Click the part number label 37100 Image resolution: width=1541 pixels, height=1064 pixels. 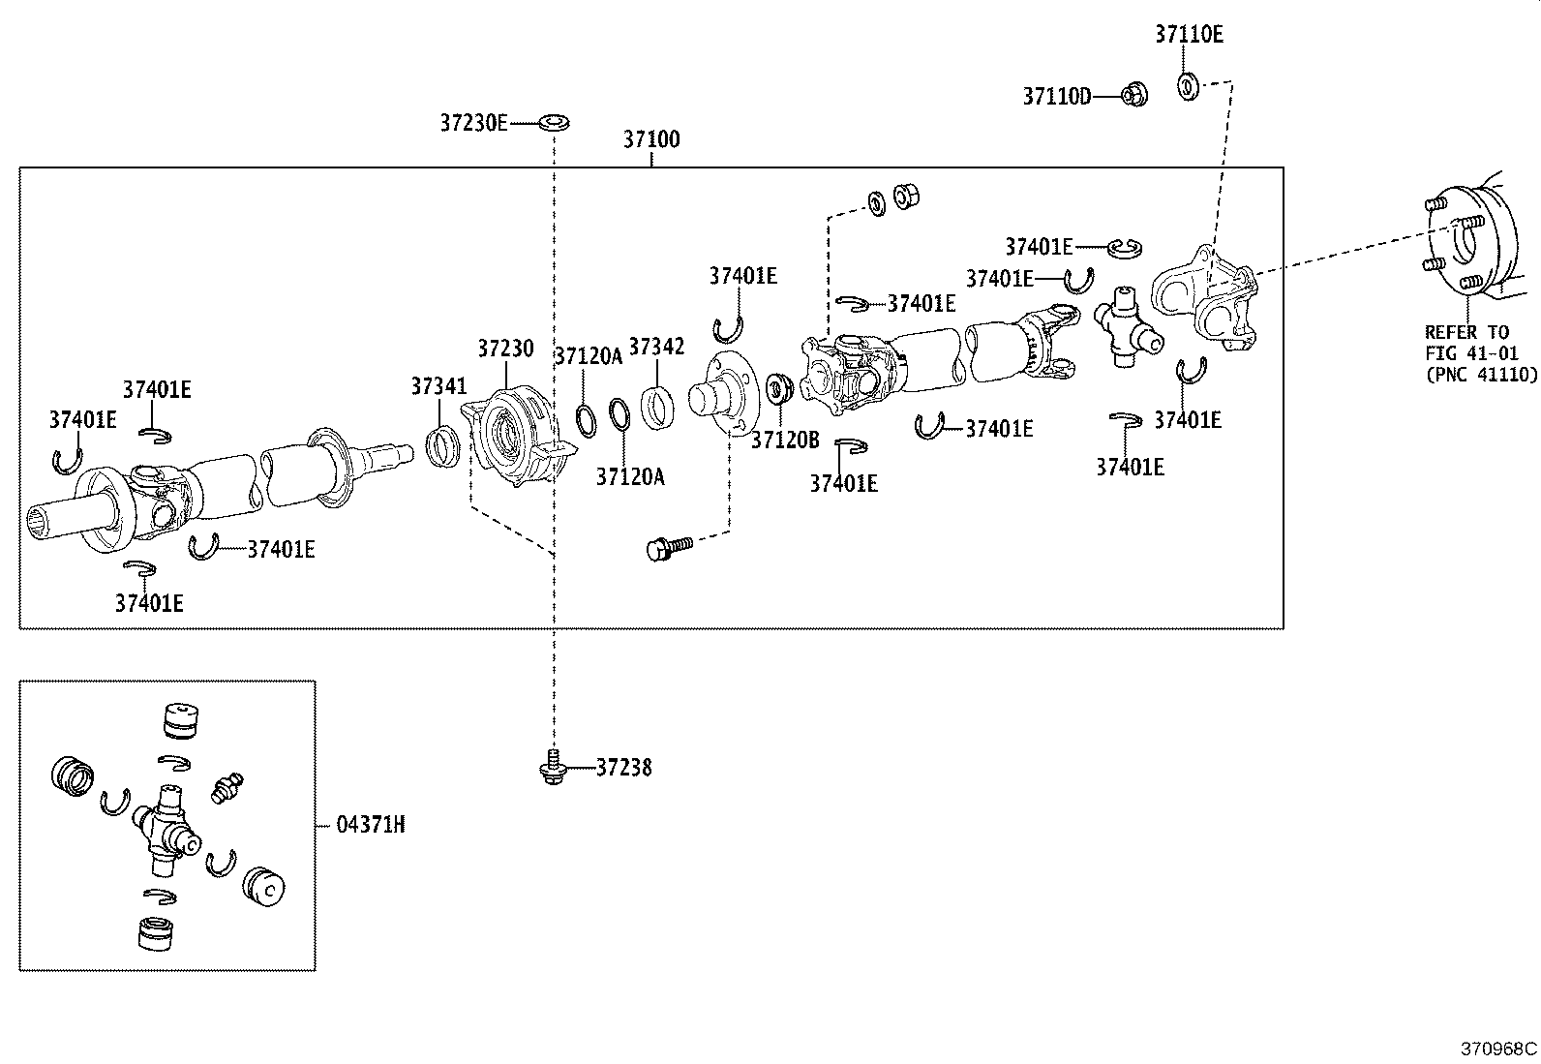tap(650, 139)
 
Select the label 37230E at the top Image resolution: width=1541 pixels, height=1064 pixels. tap(473, 123)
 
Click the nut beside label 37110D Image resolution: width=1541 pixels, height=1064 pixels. tap(1134, 95)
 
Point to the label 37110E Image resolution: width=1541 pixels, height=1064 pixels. tap(1188, 35)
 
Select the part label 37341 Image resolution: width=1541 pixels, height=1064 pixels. tap(438, 386)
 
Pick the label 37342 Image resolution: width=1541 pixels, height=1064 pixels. tap(656, 347)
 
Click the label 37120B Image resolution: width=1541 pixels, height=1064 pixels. tap(785, 441)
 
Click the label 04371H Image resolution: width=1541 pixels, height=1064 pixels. tap(371, 825)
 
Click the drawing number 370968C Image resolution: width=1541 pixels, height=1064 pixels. tap(1498, 1049)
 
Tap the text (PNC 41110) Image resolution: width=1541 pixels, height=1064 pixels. tap(1480, 375)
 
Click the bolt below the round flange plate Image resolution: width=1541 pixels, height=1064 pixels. tap(669, 548)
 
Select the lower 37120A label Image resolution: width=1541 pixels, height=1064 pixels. tap(630, 476)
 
